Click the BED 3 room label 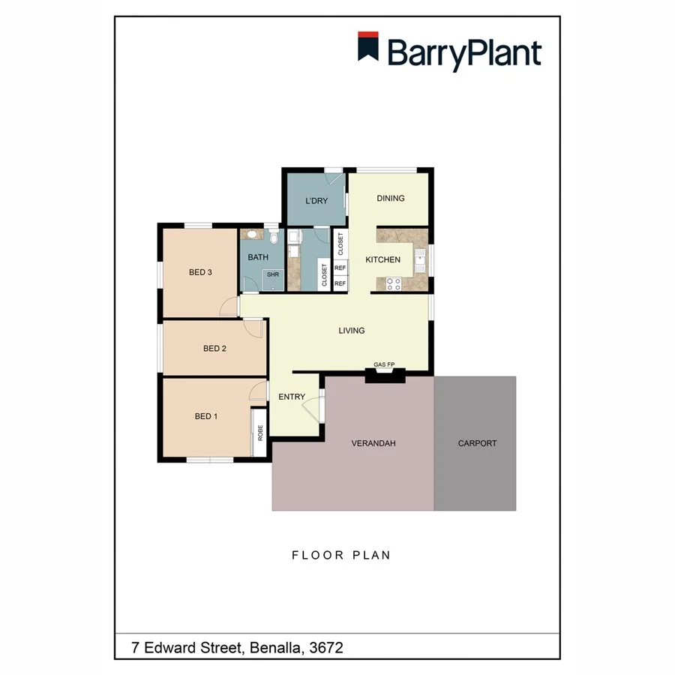[200, 272]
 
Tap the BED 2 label [214, 348]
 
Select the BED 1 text [206, 416]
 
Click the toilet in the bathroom [275, 238]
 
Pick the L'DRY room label [316, 201]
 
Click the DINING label [391, 198]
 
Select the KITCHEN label [382, 259]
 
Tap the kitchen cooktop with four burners [393, 283]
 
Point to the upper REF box [340, 268]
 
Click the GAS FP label [385, 365]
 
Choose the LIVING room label [351, 330]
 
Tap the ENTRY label [292, 397]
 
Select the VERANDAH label [373, 443]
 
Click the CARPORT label [477, 443]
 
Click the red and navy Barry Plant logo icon [367, 46]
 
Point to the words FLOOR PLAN [341, 555]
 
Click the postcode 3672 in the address [326, 646]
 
